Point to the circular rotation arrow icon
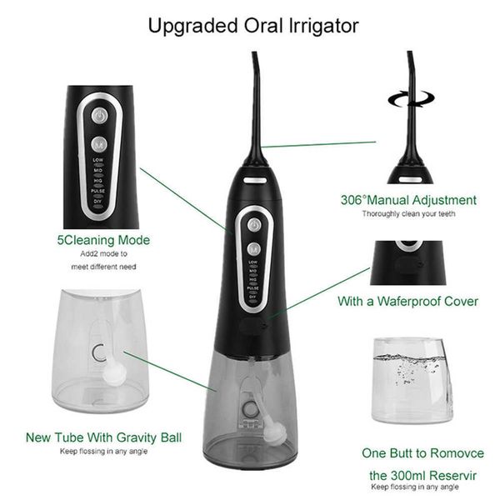click(x=408, y=98)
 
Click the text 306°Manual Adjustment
click(x=408, y=200)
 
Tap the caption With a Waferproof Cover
click(x=407, y=301)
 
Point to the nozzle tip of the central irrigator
click(x=253, y=57)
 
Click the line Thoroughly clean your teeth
click(x=408, y=214)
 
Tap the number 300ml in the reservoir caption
click(x=389, y=475)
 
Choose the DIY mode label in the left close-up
click(x=98, y=200)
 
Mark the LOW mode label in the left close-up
click(x=98, y=159)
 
